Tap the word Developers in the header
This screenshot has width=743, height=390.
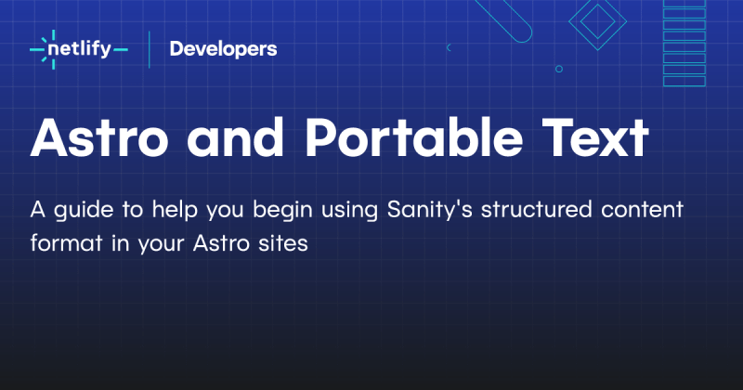(223, 49)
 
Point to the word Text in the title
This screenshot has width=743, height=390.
(594, 139)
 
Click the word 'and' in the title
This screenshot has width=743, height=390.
(236, 139)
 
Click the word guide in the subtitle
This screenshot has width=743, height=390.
(82, 211)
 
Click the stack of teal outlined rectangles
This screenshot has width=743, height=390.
(684, 42)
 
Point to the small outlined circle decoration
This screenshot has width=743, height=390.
(558, 69)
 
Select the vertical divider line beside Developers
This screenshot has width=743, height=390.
(150, 49)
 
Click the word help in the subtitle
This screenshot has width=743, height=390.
(165, 211)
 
